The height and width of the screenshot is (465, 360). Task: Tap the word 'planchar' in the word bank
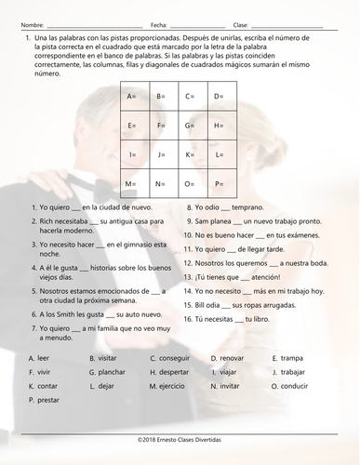(109, 371)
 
